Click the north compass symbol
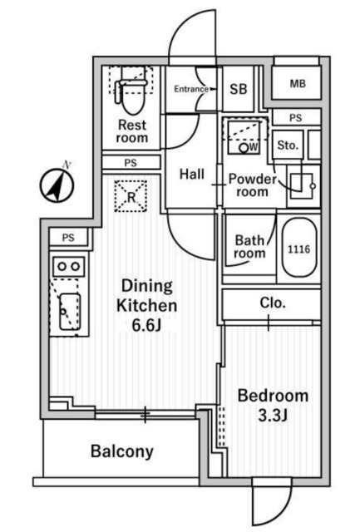57,185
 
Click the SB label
238,89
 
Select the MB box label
298,83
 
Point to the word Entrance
191,89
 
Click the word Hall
192,174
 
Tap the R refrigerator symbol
131,196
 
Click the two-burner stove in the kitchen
68,266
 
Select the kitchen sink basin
70,312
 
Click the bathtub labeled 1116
299,249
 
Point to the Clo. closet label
273,303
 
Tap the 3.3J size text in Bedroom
274,416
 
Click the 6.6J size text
146,325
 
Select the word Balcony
122,451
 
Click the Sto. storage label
288,145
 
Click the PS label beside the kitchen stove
68,238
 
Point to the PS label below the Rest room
131,163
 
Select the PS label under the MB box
295,118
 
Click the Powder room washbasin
303,185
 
